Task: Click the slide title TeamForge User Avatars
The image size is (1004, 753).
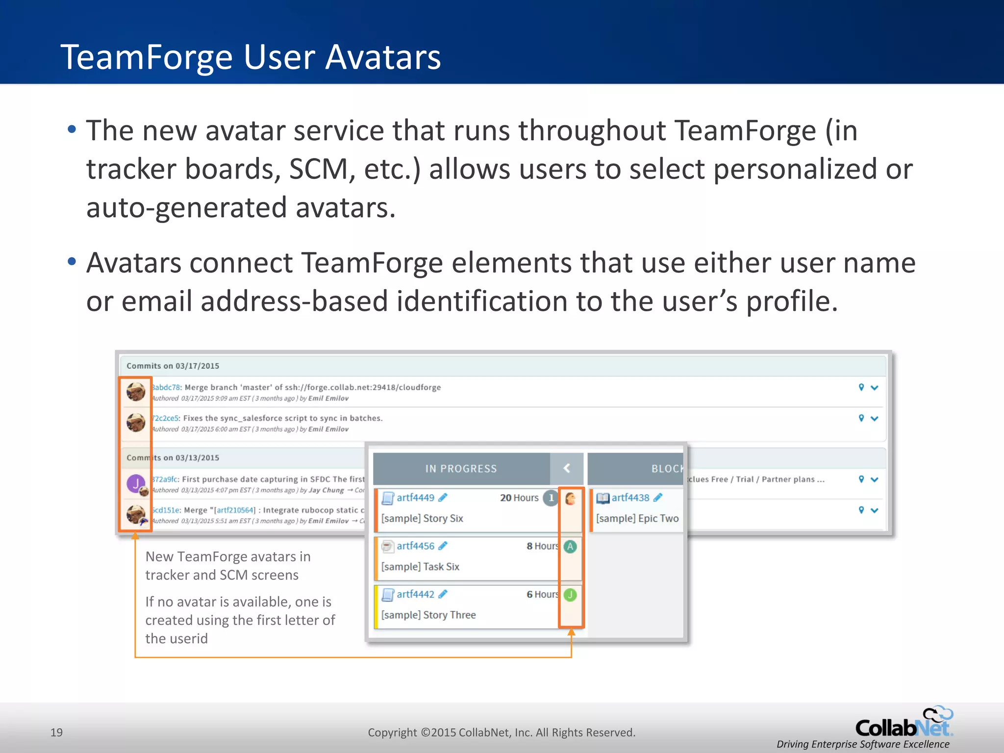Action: [251, 57]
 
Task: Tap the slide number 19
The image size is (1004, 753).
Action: [56, 732]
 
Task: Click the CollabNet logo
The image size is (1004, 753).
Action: [904, 724]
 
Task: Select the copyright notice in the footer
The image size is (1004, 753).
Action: [501, 732]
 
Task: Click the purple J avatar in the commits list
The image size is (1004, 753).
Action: [136, 483]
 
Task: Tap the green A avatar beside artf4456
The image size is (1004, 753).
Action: [570, 546]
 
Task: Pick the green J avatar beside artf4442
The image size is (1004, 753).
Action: [570, 595]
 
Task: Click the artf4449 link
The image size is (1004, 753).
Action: [415, 498]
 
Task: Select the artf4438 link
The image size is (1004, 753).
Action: [630, 498]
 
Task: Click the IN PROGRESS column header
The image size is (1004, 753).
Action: [461, 469]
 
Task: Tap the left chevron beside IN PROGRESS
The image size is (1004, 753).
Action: [567, 469]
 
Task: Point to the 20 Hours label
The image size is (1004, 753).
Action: [519, 498]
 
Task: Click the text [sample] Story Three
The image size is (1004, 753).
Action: [428, 615]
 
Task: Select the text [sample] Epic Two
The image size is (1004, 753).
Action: [637, 518]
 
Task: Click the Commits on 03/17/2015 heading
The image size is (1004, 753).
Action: [173, 366]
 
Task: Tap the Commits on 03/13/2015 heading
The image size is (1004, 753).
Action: [173, 457]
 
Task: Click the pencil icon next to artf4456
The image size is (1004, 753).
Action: [443, 546]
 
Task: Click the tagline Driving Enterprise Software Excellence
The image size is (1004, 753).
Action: [863, 744]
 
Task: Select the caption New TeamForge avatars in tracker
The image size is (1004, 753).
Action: [228, 565]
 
